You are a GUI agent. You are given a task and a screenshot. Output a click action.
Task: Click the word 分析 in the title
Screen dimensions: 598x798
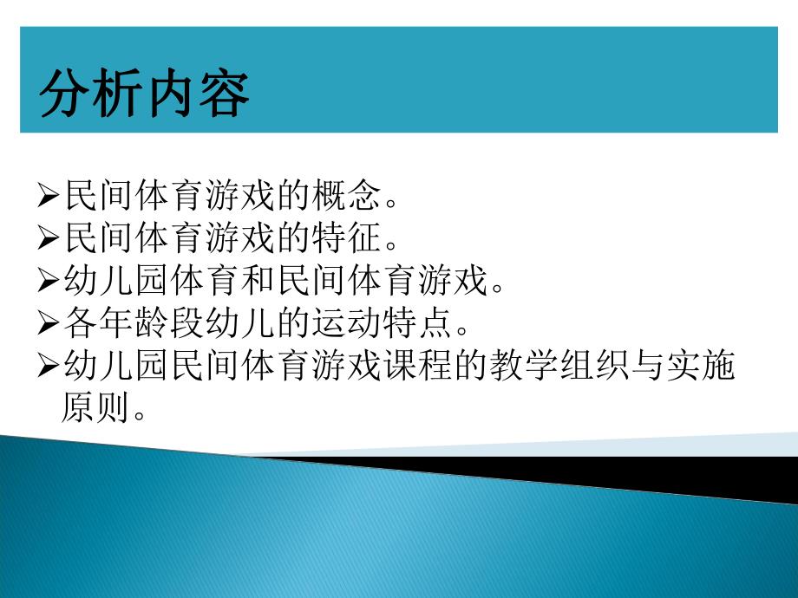coord(92,94)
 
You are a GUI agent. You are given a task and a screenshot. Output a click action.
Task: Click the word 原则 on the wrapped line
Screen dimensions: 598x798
coord(91,406)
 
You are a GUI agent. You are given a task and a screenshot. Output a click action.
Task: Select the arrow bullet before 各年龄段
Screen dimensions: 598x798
coord(49,323)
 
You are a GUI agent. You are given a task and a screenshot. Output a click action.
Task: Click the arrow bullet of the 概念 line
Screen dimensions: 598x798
coord(49,197)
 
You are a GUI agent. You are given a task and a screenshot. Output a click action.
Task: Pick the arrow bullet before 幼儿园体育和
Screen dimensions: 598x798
coord(49,280)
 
